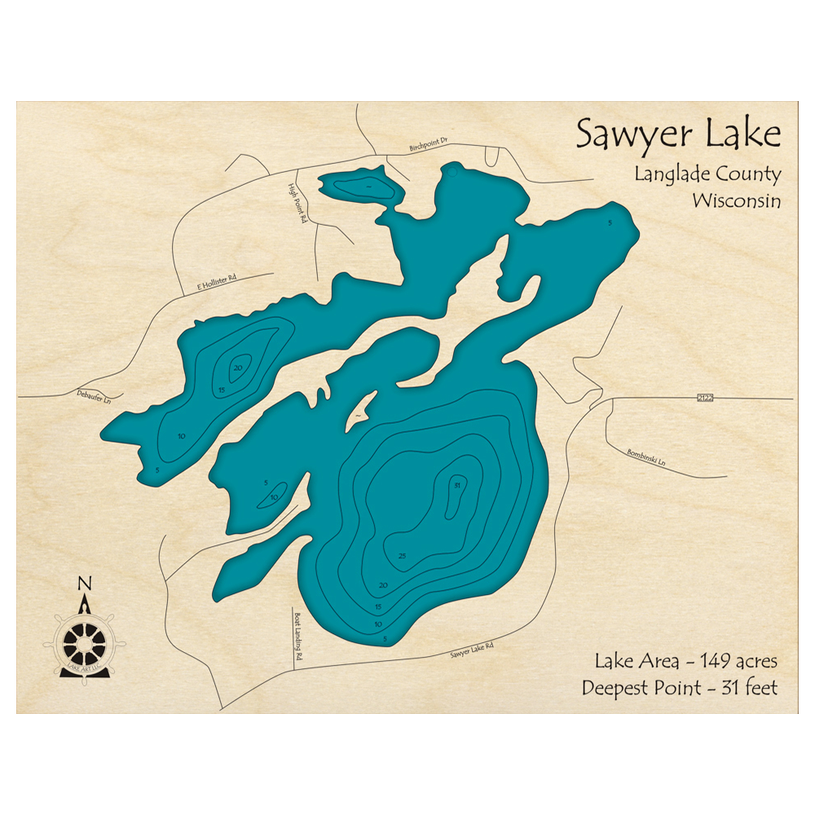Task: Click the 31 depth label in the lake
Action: (457, 486)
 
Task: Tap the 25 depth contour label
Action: (402, 556)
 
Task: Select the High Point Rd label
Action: (298, 203)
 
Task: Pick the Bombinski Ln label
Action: (646, 458)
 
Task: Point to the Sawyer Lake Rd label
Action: (472, 650)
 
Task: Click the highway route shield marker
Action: (705, 398)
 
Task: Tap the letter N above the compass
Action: (83, 584)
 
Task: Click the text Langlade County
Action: (707, 174)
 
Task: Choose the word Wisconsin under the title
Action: (736, 200)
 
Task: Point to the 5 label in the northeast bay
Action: (609, 222)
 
